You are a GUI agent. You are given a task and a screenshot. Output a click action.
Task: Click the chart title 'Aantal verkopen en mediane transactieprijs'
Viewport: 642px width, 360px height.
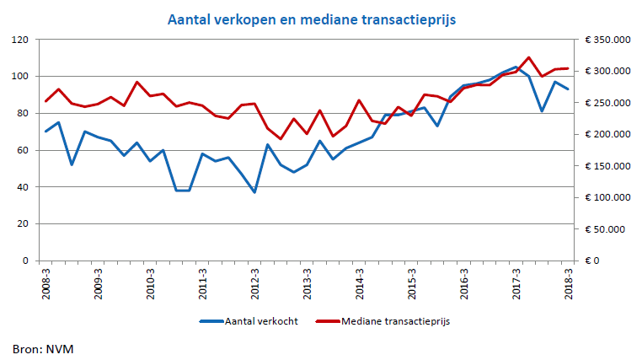tap(311, 19)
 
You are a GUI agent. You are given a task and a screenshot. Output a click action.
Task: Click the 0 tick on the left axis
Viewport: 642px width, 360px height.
tap(26, 261)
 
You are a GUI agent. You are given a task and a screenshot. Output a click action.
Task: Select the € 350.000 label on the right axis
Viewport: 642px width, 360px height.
tap(607, 40)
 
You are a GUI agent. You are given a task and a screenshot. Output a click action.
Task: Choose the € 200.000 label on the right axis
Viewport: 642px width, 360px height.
tap(607, 134)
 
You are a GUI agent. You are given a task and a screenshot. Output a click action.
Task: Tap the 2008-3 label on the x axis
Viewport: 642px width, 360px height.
tap(45, 281)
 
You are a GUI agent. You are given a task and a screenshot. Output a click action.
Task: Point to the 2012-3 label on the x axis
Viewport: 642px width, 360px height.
tap(254, 281)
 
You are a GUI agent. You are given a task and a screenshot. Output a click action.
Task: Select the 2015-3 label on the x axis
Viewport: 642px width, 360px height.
tap(411, 281)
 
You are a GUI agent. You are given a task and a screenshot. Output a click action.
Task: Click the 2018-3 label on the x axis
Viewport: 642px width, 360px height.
tap(568, 281)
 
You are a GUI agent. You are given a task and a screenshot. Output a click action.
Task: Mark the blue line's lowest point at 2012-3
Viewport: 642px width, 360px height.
tap(254, 192)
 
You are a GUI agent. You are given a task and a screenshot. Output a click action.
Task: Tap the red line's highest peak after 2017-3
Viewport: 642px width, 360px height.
tap(528, 57)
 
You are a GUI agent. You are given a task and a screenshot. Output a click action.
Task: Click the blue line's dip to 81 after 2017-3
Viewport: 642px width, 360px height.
tap(542, 111)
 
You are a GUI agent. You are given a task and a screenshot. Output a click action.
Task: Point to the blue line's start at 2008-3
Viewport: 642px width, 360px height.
tap(45, 132)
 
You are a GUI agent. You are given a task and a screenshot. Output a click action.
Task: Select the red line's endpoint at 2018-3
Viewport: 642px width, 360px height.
tap(568, 68)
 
